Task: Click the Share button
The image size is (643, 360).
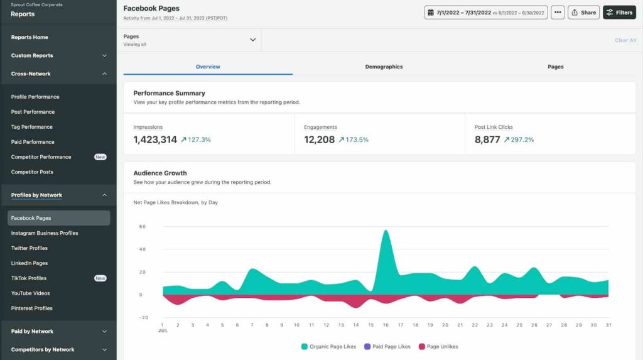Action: click(x=583, y=13)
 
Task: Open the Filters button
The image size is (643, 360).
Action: click(x=619, y=13)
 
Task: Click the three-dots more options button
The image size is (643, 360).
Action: click(x=558, y=13)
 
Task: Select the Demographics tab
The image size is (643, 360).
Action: click(x=384, y=67)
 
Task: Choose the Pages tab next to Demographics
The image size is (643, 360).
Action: click(x=555, y=67)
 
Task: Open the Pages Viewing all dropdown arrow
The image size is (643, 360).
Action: click(x=252, y=40)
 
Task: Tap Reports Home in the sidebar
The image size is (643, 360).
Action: click(x=30, y=37)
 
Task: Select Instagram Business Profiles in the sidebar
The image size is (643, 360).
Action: click(x=45, y=233)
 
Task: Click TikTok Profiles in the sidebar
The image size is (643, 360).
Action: click(x=29, y=278)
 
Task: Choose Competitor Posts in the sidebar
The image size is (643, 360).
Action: click(x=32, y=172)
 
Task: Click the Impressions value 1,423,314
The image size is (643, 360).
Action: click(x=155, y=139)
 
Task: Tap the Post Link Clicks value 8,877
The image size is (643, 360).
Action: click(x=487, y=139)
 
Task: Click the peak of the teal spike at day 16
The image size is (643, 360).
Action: click(x=386, y=231)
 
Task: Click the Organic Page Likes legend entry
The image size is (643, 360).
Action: click(x=328, y=346)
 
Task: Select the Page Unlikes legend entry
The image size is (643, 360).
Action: click(x=438, y=346)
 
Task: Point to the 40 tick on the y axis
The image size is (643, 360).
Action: click(x=143, y=249)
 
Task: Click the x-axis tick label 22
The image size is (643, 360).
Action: click(x=475, y=325)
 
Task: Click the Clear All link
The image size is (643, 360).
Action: click(x=625, y=40)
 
